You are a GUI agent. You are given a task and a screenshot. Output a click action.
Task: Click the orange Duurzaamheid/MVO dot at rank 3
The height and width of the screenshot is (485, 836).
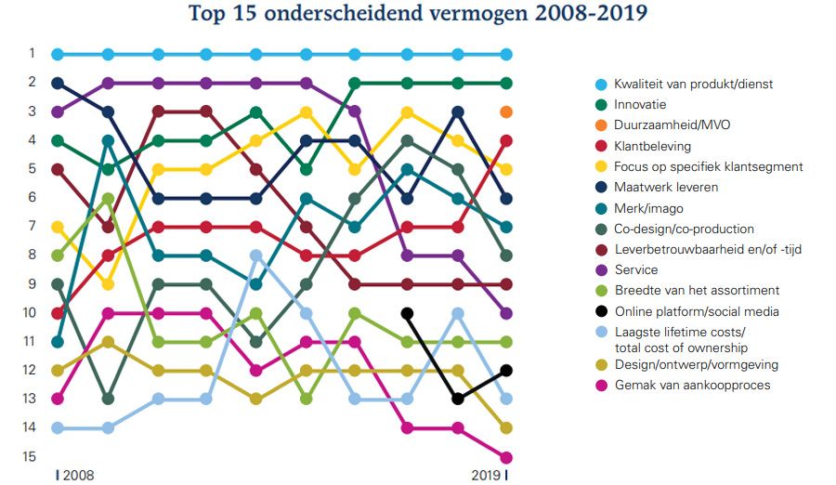(x=506, y=111)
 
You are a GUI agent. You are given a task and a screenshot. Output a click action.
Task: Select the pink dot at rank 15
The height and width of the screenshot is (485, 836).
(x=506, y=457)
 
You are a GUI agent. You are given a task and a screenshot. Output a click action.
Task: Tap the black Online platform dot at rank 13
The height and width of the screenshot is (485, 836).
(x=456, y=399)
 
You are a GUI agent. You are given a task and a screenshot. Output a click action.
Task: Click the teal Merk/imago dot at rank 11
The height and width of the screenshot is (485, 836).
(x=58, y=341)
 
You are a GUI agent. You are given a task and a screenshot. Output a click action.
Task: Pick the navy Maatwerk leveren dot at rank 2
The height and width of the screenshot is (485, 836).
(x=58, y=83)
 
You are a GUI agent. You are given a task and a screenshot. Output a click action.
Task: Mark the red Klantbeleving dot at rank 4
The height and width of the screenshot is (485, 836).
(x=506, y=140)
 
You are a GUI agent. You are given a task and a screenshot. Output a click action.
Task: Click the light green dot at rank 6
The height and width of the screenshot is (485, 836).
(x=108, y=198)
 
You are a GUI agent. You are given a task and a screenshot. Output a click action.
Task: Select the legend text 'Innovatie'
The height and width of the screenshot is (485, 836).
(x=640, y=104)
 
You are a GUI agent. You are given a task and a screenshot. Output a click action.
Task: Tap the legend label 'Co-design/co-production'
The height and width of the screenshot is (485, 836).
(x=684, y=229)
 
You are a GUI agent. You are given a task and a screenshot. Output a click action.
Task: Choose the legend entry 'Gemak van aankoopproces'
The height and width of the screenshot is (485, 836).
(x=691, y=385)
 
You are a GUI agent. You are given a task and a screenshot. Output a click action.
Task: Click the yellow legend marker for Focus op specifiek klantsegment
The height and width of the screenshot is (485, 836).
(x=600, y=167)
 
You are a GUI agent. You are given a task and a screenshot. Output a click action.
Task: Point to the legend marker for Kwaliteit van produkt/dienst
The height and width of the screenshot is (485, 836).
(x=600, y=85)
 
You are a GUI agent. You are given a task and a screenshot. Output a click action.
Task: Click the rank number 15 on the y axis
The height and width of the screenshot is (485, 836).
(x=31, y=456)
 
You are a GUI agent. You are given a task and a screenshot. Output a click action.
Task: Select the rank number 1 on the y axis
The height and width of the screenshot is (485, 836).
(x=31, y=53)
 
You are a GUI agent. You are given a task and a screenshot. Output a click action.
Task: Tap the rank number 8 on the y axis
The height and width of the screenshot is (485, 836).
(x=31, y=255)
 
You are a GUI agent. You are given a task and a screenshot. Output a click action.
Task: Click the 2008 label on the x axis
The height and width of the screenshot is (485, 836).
(x=77, y=475)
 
